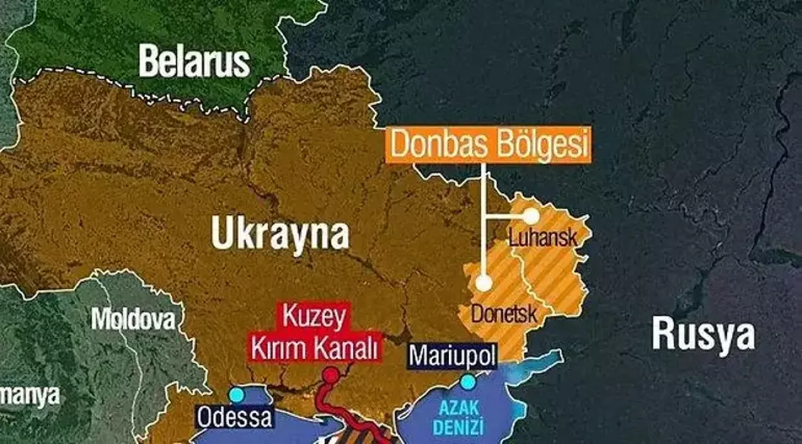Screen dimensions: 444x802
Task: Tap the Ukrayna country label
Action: [280, 233]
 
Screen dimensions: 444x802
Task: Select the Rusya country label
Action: [703, 333]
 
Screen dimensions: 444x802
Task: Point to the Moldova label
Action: [133, 319]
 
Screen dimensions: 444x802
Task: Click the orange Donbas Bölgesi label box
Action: [488, 145]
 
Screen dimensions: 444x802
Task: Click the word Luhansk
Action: [543, 239]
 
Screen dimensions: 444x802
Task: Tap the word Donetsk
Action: [504, 313]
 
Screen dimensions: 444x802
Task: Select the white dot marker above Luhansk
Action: [531, 216]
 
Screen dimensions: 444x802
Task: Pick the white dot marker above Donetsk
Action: [483, 283]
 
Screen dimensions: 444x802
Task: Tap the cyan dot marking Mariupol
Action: [467, 381]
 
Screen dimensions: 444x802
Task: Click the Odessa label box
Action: [234, 416]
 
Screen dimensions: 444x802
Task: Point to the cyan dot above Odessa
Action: [236, 395]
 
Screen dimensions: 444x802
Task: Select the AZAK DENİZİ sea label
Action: [461, 418]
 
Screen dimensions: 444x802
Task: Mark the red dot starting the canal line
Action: [330, 376]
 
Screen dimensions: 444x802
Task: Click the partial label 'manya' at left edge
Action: [29, 395]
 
